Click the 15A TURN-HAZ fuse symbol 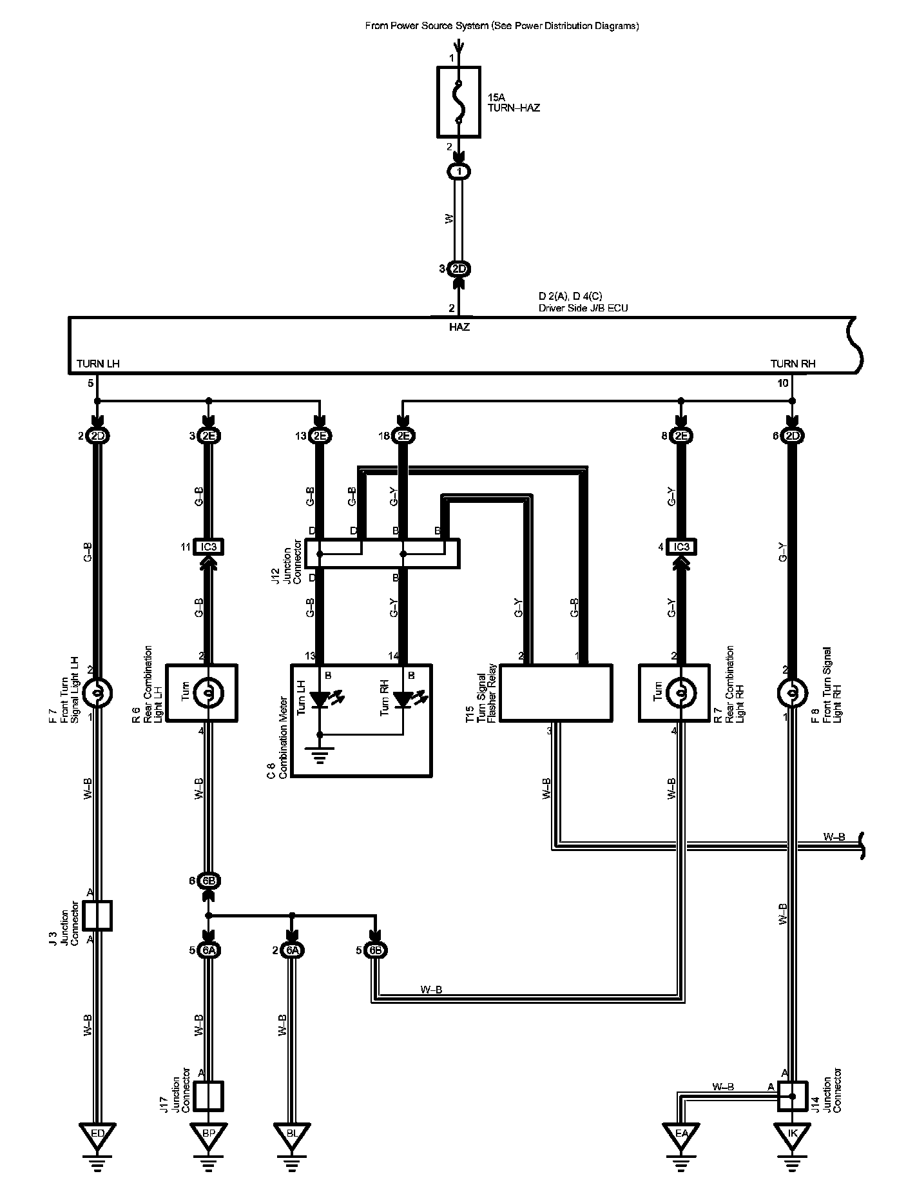[458, 101]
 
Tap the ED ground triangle [97, 1135]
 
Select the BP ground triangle [208, 1135]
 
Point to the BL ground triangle [291, 1135]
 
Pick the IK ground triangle [792, 1135]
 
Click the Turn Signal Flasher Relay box [556, 693]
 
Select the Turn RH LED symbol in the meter [405, 699]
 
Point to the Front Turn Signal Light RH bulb [793, 693]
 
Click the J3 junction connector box [98, 916]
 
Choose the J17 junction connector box [208, 1095]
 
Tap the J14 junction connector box [793, 1095]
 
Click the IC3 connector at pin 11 [208, 547]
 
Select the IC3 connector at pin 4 [681, 547]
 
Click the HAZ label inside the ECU [459, 327]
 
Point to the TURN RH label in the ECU [793, 364]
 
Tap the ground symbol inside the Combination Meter [320, 753]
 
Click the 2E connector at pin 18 [403, 436]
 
